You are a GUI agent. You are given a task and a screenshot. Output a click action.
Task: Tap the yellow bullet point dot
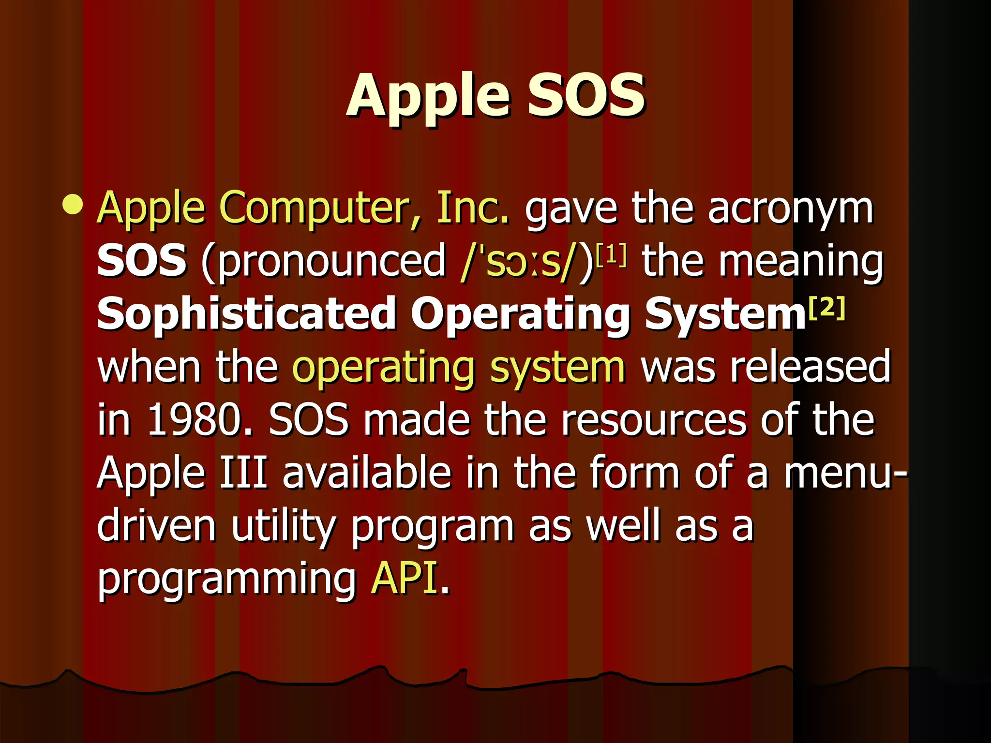click(73, 204)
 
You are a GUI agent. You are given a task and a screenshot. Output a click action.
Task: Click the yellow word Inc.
click(473, 208)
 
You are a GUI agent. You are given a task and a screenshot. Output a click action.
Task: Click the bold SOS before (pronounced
click(141, 261)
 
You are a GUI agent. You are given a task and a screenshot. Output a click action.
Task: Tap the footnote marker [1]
click(611, 254)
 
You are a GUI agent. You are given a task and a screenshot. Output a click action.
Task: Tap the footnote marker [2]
click(827, 308)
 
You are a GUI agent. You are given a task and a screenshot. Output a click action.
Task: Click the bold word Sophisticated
click(247, 314)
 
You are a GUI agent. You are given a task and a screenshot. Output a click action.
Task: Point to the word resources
click(653, 420)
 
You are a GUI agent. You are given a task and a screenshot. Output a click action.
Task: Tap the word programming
click(226, 580)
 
